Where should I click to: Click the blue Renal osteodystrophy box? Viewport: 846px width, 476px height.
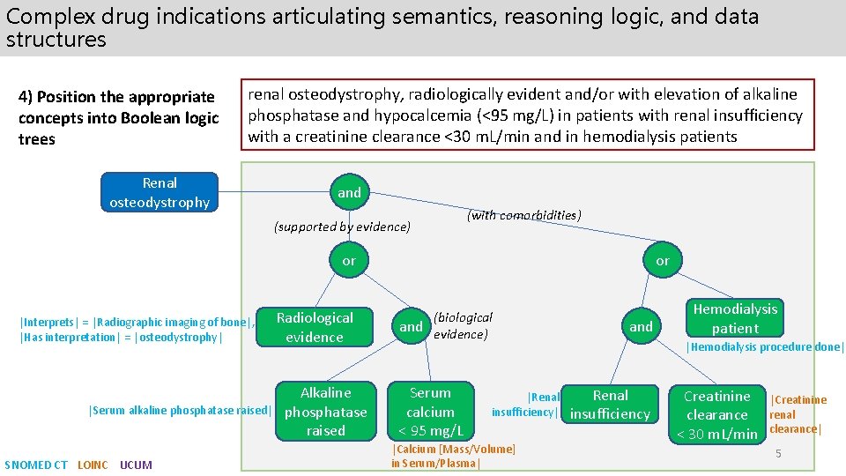160,192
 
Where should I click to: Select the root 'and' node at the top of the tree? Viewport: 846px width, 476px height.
350,192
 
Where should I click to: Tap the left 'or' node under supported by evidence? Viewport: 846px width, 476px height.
349,260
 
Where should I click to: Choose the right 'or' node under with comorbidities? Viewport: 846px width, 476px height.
662,260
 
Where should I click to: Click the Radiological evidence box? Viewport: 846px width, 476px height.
315,327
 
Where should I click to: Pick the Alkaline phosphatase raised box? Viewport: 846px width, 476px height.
325,412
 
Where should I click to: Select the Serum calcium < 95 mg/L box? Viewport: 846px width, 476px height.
430,412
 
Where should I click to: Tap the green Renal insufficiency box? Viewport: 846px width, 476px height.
610,405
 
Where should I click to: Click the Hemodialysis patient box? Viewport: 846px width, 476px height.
735,318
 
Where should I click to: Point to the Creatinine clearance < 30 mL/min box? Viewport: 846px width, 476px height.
716,414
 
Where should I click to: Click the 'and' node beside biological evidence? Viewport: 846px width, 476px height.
412,326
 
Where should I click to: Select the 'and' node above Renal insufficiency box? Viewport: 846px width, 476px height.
641,326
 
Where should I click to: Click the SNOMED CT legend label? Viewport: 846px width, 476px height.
36,465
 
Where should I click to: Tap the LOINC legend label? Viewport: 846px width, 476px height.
93,465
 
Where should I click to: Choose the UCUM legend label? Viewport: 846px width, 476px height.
136,465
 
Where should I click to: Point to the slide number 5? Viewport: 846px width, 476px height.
778,453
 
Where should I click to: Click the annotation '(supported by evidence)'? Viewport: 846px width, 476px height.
342,227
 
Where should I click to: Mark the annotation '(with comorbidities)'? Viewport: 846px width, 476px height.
523,215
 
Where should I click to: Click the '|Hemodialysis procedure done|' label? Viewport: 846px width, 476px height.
764,346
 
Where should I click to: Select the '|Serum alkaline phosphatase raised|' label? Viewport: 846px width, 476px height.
180,410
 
